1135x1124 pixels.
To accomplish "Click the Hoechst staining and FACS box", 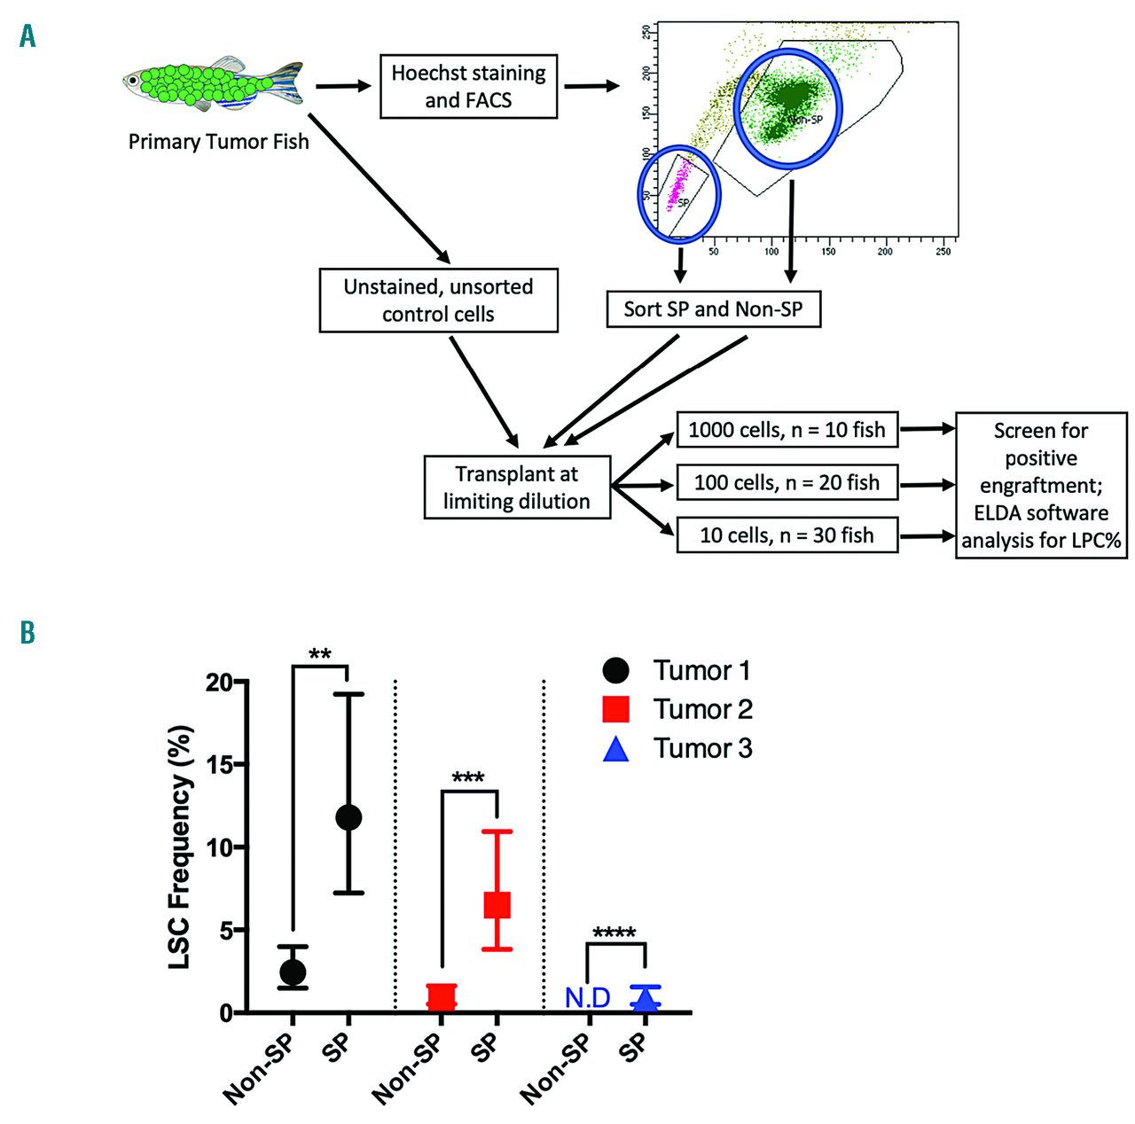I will [x=468, y=86].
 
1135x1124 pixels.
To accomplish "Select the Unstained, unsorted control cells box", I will [x=438, y=301].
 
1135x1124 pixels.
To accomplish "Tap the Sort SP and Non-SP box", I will [x=713, y=309].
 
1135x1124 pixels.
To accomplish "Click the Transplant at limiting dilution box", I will [x=517, y=487].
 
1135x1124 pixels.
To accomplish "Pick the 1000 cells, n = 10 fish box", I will [x=787, y=430].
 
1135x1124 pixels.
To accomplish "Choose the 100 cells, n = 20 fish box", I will [x=787, y=482].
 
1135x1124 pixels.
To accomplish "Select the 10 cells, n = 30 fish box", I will [x=787, y=535].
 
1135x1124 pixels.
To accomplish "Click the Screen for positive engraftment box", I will [x=1041, y=485].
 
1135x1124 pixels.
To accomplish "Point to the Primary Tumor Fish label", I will [x=218, y=142].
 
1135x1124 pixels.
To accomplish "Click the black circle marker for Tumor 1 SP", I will [x=348, y=817].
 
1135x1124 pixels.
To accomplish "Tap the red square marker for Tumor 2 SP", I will [x=497, y=904].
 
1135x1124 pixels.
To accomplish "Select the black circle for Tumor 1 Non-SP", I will [x=293, y=972].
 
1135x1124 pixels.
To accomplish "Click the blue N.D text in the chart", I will [x=588, y=998].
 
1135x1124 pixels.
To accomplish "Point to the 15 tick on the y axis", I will [x=222, y=764].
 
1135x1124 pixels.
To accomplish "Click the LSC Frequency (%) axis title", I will [x=180, y=847].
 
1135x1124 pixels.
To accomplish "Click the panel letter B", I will [x=27, y=632].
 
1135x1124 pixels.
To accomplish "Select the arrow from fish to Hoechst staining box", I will [x=343, y=86].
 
